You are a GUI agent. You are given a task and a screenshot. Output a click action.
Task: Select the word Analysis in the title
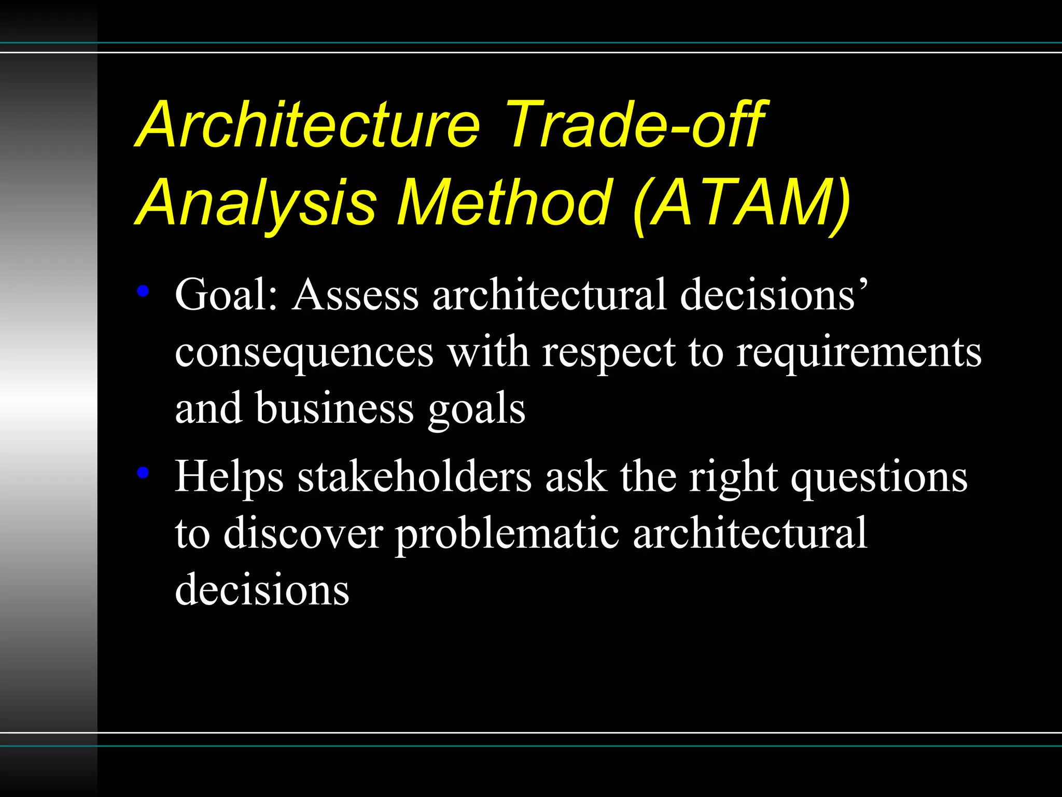coord(258,203)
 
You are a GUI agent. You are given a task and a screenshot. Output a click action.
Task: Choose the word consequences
coord(304,353)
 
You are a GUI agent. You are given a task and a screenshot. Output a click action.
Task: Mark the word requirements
coord(859,353)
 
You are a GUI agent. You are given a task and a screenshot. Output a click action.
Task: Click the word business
coord(334,408)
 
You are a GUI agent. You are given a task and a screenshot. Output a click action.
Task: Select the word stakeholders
coord(414,477)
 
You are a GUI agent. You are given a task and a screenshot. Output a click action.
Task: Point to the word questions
coord(879,478)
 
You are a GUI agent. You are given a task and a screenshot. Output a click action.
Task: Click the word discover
coord(303,533)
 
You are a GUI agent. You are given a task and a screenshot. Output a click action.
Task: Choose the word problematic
coord(507,534)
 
